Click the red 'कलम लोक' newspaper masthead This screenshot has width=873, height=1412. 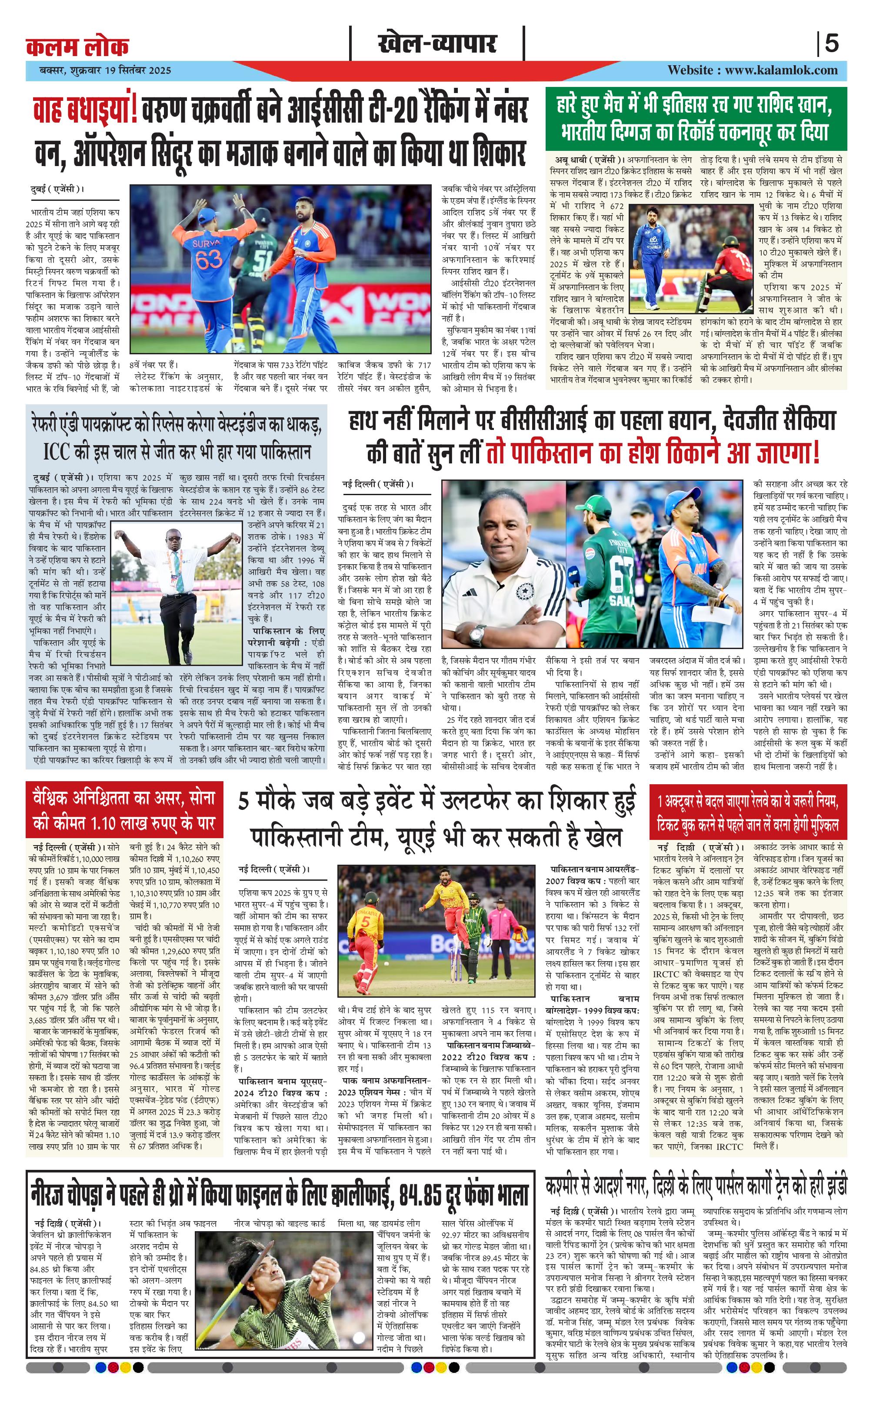point(77,46)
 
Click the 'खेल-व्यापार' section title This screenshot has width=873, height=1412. point(437,44)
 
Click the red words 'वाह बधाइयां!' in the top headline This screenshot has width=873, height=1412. point(85,110)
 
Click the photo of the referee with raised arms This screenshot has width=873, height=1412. point(177,592)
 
